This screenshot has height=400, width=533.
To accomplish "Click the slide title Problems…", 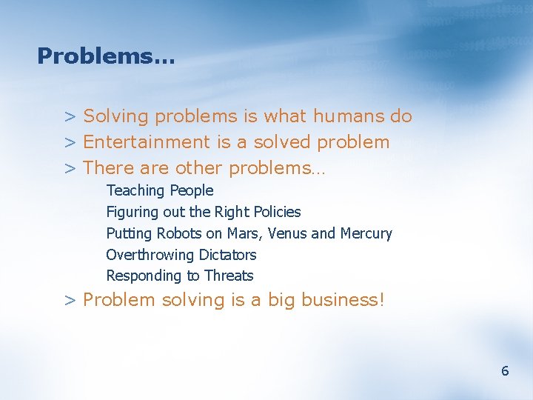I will coord(106,56).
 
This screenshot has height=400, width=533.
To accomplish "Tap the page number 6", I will coord(505,371).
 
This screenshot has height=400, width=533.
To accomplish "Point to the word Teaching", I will coord(136,191).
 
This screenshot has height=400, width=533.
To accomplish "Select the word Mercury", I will coord(366,233).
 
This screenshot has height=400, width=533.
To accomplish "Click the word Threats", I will coord(229,276).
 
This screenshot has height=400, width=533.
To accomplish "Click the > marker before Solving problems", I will coord(70,117).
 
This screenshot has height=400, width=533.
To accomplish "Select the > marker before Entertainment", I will coord(70,143).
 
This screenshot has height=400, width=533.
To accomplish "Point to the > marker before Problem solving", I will coord(70,301).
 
